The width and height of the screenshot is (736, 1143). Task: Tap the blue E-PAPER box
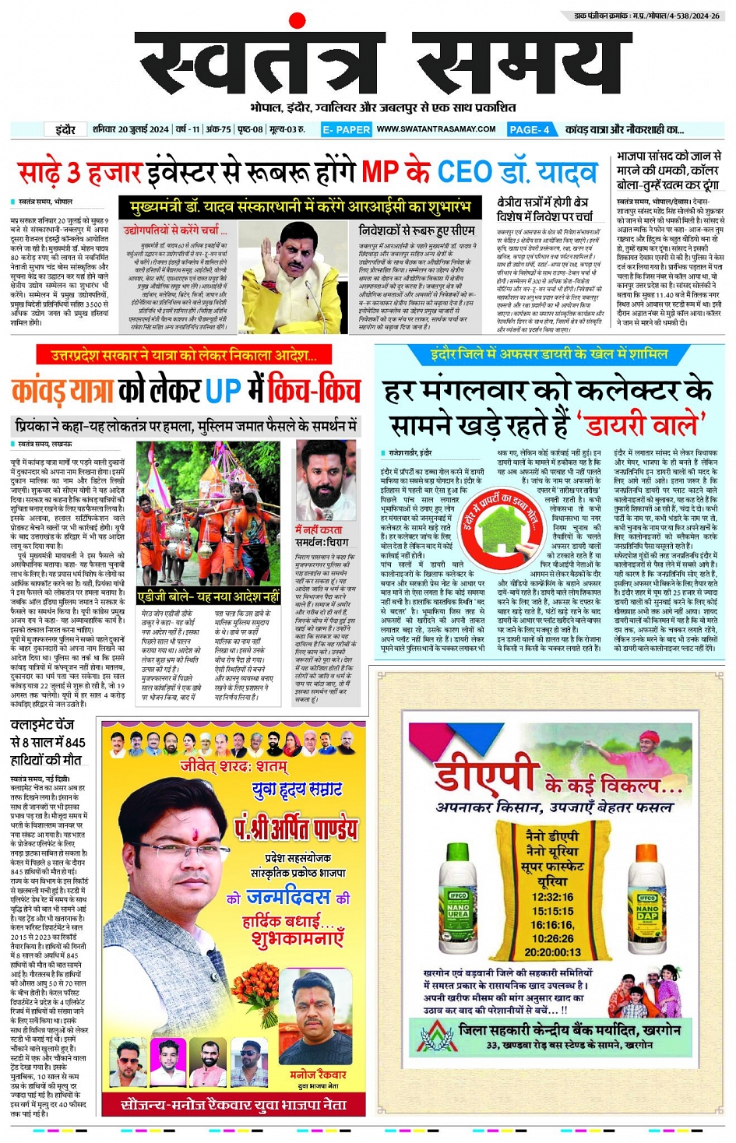(346, 129)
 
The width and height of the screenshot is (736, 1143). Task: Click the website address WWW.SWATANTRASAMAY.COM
(436, 129)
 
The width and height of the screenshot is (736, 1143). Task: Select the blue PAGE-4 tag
(530, 129)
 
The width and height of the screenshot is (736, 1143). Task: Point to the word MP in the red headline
(380, 171)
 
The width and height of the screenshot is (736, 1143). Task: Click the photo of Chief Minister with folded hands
(294, 267)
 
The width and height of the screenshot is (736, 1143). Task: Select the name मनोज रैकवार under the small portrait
(318, 1074)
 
